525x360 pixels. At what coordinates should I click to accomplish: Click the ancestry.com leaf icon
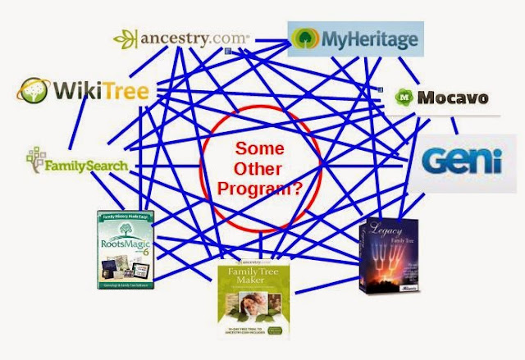(x=126, y=39)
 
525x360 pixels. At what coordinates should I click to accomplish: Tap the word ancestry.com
(x=193, y=39)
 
